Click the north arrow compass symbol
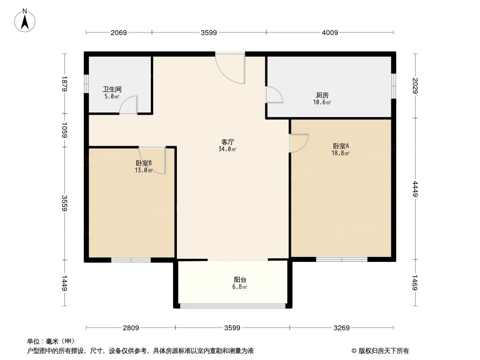[25, 20]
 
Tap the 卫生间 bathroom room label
[112, 90]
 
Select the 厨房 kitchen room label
[322, 95]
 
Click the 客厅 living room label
[227, 142]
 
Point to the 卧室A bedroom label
[341, 146]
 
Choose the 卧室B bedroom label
[143, 163]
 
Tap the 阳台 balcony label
[240, 279]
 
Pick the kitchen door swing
[274, 95]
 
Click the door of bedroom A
[299, 143]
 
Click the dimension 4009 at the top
[330, 32]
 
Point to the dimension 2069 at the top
[119, 32]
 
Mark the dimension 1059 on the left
[65, 130]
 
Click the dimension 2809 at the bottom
[131, 328]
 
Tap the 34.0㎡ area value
[227, 149]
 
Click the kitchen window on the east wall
[393, 85]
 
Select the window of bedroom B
[131, 260]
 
